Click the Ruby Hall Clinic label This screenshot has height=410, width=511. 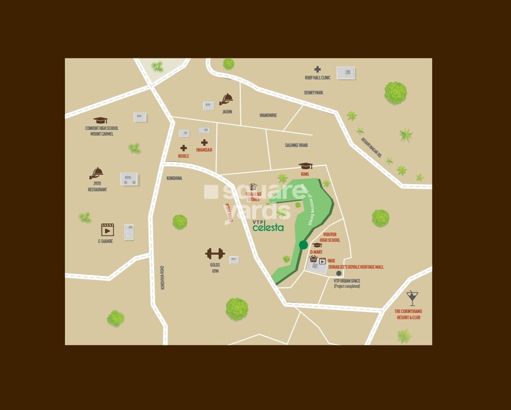pos(318,78)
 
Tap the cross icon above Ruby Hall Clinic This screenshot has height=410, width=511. pos(318,69)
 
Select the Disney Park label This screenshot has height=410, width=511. pos(313,93)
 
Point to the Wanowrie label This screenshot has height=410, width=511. pos(268,116)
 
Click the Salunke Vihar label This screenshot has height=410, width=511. pos(296,145)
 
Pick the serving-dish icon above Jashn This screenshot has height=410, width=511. pos(226,99)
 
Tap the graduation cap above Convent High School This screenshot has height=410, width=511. pos(101,120)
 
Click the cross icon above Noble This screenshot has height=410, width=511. pos(184,148)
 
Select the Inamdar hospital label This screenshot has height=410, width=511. pos(204,150)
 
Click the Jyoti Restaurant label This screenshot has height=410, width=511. pos(97,187)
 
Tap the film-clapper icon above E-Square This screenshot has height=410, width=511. pos(107,229)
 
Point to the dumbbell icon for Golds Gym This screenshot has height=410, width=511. pos(215,254)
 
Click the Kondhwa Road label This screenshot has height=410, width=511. pos(162,277)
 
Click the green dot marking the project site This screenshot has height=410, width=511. pos(303,245)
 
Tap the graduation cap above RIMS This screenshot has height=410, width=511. pos(306,166)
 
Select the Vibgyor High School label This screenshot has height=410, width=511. pos(329,237)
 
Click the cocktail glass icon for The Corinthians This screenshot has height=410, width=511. pos(411,297)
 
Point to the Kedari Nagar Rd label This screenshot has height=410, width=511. pos(371,147)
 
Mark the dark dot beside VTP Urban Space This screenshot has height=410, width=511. pos(339,274)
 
